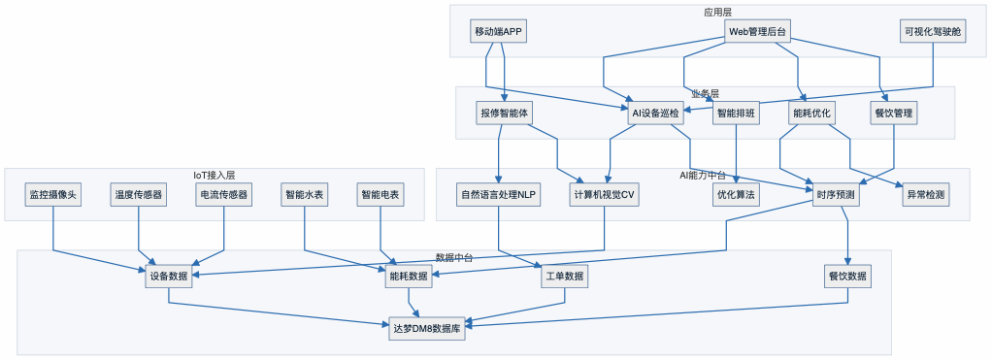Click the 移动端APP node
click(x=499, y=32)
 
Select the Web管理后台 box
click(x=757, y=32)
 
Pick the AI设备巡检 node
click(x=657, y=114)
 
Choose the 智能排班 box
click(x=737, y=114)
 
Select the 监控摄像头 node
click(x=52, y=195)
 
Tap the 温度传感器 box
click(x=139, y=195)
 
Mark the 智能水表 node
click(x=305, y=195)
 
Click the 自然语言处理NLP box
click(x=498, y=195)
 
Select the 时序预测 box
click(x=836, y=195)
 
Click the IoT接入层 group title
click(x=214, y=176)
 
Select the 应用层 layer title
click(x=717, y=12)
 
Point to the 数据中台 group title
click(x=453, y=257)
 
